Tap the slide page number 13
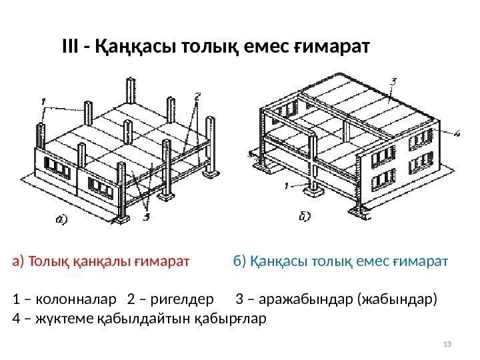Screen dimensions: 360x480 (x=447, y=343)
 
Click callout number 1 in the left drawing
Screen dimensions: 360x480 (x=43, y=101)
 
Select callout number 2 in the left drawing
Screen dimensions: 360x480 (x=197, y=96)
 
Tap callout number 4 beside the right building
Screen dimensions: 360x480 (x=457, y=134)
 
